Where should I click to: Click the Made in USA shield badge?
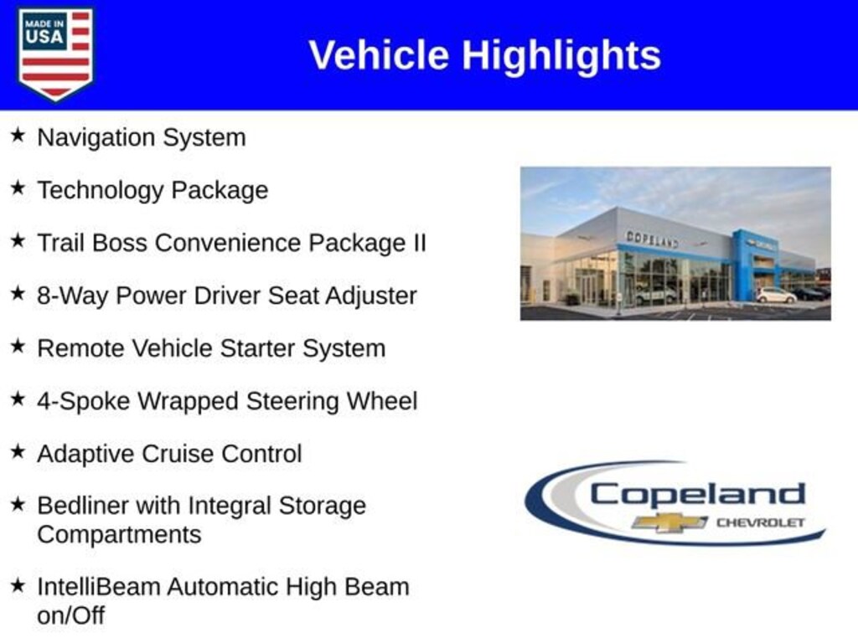(x=55, y=54)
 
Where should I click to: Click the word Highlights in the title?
(x=561, y=56)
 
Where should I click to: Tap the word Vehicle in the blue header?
(x=380, y=55)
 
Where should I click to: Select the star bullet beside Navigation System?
(x=18, y=135)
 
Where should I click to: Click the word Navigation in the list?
(x=96, y=138)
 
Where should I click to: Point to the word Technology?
(x=101, y=191)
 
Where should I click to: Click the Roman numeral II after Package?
(x=419, y=242)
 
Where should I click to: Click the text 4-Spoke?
(x=85, y=401)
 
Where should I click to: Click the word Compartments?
(x=119, y=535)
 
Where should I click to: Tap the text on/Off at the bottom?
(x=70, y=615)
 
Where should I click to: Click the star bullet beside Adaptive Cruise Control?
(x=18, y=451)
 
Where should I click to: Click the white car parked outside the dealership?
(x=775, y=296)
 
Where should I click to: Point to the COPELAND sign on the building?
(x=652, y=239)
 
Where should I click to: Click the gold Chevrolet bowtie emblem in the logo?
(x=669, y=522)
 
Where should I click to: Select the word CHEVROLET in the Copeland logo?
(x=760, y=522)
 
